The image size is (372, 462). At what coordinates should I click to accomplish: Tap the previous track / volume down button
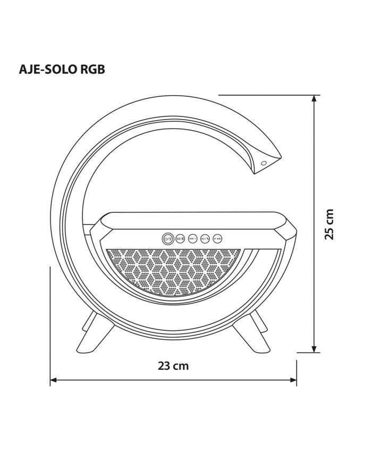(192, 239)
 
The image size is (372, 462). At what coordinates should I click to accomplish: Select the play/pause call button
(205, 239)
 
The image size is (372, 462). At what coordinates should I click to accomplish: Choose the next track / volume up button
(217, 239)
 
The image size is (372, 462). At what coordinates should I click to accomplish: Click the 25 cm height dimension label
(329, 224)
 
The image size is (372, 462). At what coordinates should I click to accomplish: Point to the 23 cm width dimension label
(173, 366)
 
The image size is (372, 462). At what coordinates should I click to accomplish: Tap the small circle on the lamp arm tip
(264, 163)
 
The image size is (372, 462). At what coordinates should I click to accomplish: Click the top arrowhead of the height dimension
(315, 99)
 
